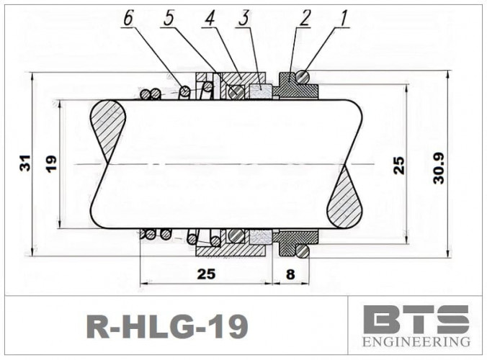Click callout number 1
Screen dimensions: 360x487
(344, 17)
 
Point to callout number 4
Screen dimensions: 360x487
(209, 17)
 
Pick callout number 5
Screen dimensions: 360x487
(169, 17)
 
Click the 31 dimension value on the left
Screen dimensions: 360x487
(25, 165)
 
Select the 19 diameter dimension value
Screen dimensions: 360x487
(50, 164)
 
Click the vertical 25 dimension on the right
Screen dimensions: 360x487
(398, 165)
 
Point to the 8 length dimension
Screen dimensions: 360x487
(290, 274)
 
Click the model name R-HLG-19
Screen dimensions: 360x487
(167, 326)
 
